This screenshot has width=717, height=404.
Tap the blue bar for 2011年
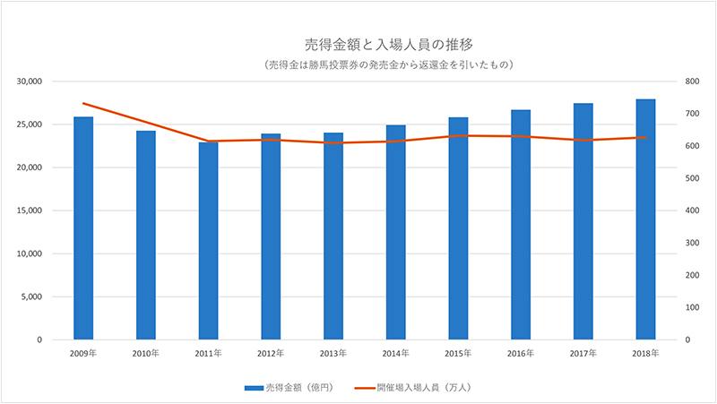pyautogui.click(x=208, y=241)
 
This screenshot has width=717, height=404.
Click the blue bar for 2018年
pyautogui.click(x=646, y=219)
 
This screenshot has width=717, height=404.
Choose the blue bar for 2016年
pyautogui.click(x=521, y=225)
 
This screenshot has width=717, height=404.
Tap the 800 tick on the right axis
pyautogui.click(x=689, y=82)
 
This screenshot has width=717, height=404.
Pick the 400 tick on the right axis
pyautogui.click(x=689, y=211)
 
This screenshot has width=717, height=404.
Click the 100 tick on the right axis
pyautogui.click(x=689, y=307)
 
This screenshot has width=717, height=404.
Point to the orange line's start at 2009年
pyautogui.click(x=82, y=104)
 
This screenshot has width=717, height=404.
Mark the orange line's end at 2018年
pyautogui.click(x=646, y=137)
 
